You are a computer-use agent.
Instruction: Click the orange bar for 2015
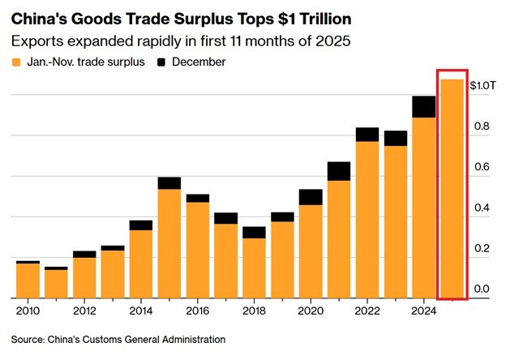click(x=169, y=243)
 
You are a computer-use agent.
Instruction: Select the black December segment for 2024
click(x=423, y=107)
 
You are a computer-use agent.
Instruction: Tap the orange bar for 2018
click(x=254, y=268)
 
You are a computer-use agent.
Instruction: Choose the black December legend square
click(x=164, y=62)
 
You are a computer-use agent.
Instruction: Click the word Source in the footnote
click(x=30, y=339)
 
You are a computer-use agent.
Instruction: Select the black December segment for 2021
click(x=339, y=171)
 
